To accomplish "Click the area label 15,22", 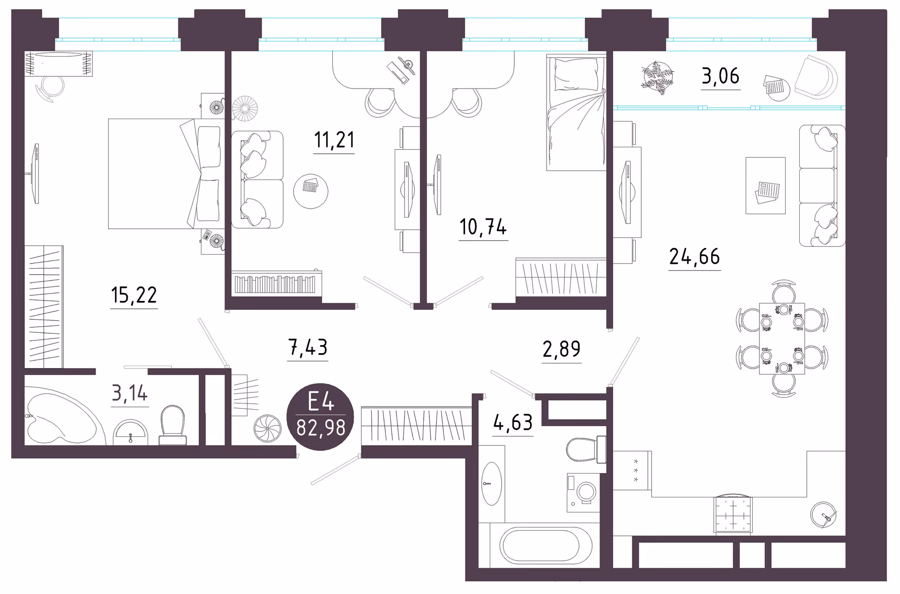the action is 134,295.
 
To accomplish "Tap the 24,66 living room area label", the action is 694,256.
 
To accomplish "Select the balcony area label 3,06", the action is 720,76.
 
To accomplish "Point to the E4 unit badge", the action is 321,417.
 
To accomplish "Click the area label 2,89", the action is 562,349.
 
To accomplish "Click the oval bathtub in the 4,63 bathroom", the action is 546,546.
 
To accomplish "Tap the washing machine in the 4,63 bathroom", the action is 583,492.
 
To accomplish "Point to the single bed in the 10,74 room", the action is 576,113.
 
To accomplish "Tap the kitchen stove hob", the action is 733,514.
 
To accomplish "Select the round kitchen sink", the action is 823,514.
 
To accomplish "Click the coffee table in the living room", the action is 765,186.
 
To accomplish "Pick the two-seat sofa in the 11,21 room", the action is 257,180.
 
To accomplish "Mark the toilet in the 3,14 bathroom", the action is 172,425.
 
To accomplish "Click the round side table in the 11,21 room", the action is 311,191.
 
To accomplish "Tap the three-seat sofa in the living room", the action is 822,185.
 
